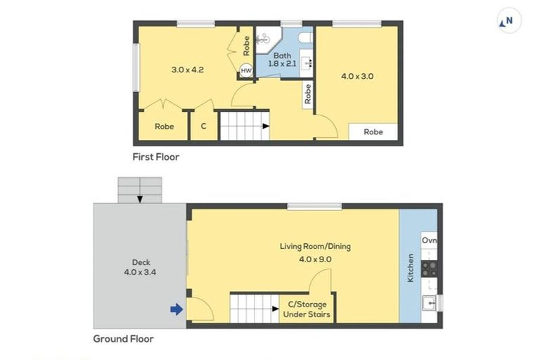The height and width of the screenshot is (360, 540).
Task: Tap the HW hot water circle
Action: (x=246, y=71)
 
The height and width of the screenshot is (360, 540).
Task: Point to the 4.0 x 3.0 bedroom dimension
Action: (x=356, y=75)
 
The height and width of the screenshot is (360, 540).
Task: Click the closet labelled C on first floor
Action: (x=203, y=127)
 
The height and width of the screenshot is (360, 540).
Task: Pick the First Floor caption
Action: (x=156, y=157)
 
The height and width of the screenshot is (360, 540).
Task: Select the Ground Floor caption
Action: (x=123, y=338)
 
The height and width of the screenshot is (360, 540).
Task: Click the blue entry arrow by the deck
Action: (x=176, y=309)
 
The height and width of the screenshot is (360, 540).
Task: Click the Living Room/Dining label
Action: (x=315, y=246)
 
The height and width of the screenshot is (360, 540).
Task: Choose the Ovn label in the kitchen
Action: (x=430, y=240)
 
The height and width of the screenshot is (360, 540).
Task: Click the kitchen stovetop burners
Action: (x=430, y=268)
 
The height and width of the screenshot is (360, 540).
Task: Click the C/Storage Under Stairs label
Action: (x=307, y=309)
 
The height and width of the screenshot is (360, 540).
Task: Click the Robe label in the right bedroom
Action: (x=373, y=131)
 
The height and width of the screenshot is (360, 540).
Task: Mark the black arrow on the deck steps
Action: (x=140, y=199)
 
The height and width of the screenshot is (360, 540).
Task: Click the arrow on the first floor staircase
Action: (x=265, y=127)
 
